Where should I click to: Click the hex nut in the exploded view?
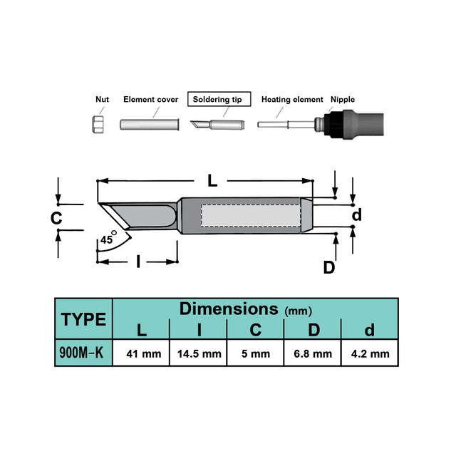(x=98, y=124)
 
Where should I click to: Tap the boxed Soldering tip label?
(x=219, y=99)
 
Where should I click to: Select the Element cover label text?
(x=150, y=100)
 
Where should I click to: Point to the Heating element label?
(x=292, y=100)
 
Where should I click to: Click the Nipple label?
(x=343, y=100)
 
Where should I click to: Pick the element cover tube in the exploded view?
(x=150, y=125)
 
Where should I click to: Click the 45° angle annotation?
(x=108, y=239)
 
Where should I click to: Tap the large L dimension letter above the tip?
(x=212, y=181)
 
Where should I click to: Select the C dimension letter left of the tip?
(x=56, y=218)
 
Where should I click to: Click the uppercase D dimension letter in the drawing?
(x=329, y=267)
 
